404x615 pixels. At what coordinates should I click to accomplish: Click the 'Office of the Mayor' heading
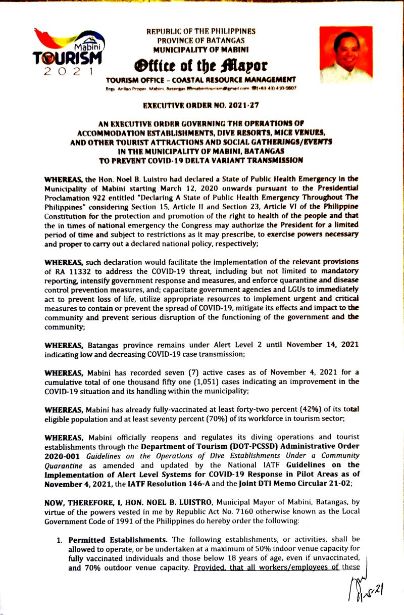(x=200, y=66)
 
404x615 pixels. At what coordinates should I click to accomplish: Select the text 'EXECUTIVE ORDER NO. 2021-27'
(x=201, y=107)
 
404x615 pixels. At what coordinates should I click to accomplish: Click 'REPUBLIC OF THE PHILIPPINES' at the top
(x=200, y=31)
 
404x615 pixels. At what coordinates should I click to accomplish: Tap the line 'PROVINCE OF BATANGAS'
(x=200, y=40)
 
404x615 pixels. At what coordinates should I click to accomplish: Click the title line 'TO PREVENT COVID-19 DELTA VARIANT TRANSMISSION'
(x=201, y=160)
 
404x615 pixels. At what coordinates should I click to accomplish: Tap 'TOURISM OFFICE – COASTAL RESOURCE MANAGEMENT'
(x=200, y=80)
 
